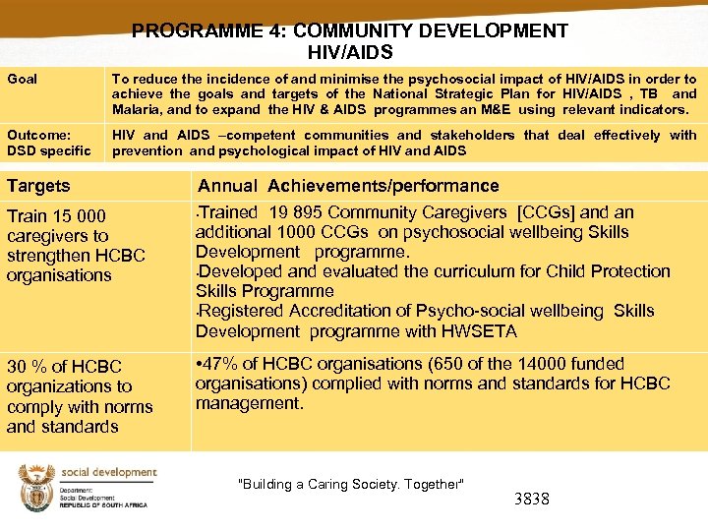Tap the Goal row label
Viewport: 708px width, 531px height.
[x=22, y=79]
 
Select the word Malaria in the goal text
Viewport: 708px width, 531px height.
[x=138, y=109]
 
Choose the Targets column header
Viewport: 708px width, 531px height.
[x=38, y=186]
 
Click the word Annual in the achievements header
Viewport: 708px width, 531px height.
[x=228, y=186]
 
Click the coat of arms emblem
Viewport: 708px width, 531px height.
[x=36, y=488]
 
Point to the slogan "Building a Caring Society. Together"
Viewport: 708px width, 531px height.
[x=351, y=484]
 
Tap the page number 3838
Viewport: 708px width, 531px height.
[x=531, y=499]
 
